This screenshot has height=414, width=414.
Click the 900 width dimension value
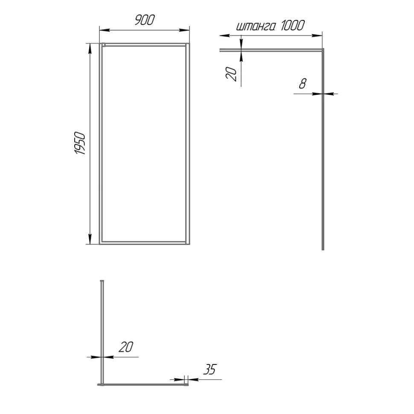click(x=145, y=20)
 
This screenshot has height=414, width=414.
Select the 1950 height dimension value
click(x=80, y=143)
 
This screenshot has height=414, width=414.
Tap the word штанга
click(x=256, y=26)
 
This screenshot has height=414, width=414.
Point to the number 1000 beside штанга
click(x=292, y=25)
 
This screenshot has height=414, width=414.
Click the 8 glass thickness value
click(x=303, y=84)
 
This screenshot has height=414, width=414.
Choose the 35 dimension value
click(x=210, y=369)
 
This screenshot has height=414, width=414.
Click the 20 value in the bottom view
click(x=126, y=347)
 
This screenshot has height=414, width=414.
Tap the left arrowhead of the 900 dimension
click(x=104, y=30)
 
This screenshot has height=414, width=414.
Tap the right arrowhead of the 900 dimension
click(x=184, y=30)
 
